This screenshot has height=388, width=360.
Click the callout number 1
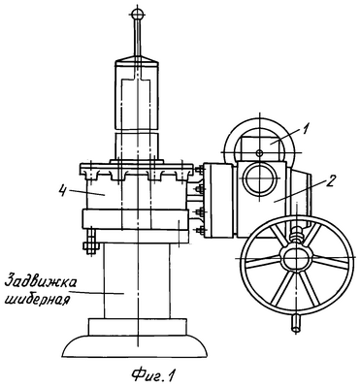tap(306, 129)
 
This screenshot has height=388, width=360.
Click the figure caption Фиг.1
tap(152, 374)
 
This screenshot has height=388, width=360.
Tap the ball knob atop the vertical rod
tap(138, 14)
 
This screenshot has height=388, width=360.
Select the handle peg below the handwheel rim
tap(295, 323)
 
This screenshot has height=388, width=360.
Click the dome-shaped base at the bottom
tap(135, 346)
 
